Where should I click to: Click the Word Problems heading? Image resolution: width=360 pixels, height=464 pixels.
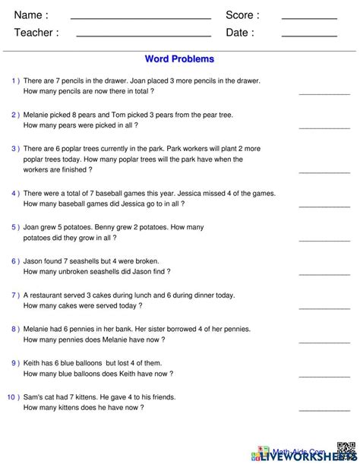[x=179, y=58]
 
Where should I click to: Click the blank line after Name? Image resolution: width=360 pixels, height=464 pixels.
[x=141, y=17]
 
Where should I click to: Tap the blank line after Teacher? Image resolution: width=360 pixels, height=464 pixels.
[x=144, y=35]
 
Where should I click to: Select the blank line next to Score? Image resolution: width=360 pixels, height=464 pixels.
[x=309, y=17]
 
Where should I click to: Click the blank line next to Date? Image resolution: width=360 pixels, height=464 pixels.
[x=309, y=35]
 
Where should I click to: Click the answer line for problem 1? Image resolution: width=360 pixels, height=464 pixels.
[x=324, y=93]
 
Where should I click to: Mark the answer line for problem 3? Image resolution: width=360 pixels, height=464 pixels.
[x=324, y=171]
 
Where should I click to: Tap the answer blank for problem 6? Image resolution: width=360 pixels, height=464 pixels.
[x=324, y=273]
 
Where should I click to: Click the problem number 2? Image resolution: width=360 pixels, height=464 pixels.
[x=15, y=115]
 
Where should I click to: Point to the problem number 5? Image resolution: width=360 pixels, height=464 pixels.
[x=15, y=226]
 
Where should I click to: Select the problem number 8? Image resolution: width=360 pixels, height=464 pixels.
[x=15, y=329]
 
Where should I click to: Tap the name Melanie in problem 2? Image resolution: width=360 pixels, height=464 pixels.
[x=39, y=115]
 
